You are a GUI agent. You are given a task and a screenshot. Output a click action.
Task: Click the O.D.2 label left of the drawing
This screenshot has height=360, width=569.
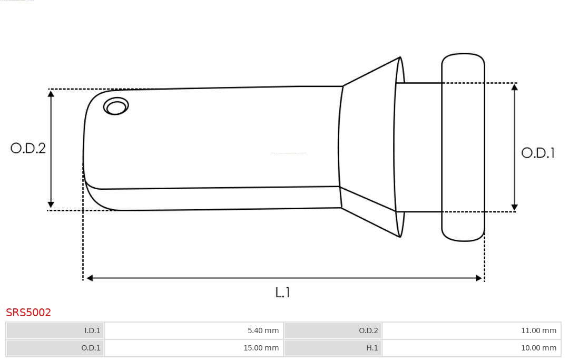click(28, 148)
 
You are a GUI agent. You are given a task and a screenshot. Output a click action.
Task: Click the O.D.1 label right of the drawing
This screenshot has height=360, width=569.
click(538, 153)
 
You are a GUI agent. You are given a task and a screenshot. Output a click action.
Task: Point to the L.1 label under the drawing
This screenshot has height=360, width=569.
click(282, 292)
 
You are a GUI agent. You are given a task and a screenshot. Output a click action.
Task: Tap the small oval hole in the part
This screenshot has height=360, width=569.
click(116, 106)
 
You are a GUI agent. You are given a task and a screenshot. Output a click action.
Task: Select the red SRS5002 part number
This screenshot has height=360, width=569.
click(28, 313)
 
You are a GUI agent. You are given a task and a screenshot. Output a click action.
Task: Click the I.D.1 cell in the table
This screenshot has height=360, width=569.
click(55, 330)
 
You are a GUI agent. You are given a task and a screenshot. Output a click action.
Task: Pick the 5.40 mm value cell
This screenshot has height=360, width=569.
click(194, 330)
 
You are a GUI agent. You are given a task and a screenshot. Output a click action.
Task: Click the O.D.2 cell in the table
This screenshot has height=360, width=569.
click(333, 330)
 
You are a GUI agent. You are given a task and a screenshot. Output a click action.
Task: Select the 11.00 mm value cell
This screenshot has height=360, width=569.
click(472, 330)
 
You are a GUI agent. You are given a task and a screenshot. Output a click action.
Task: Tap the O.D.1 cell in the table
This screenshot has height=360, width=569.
click(55, 348)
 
